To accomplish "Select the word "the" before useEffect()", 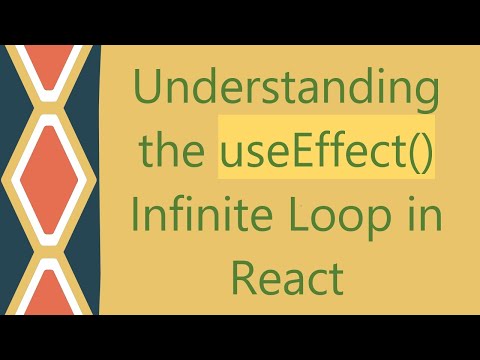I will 175,156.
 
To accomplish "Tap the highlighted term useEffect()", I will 327,156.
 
